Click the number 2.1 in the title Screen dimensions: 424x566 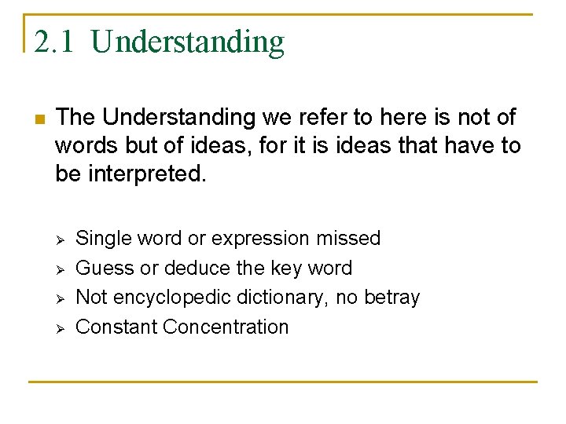point(53,42)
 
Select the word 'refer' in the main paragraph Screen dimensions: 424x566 point(307,118)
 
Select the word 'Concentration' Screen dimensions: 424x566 point(226,327)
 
